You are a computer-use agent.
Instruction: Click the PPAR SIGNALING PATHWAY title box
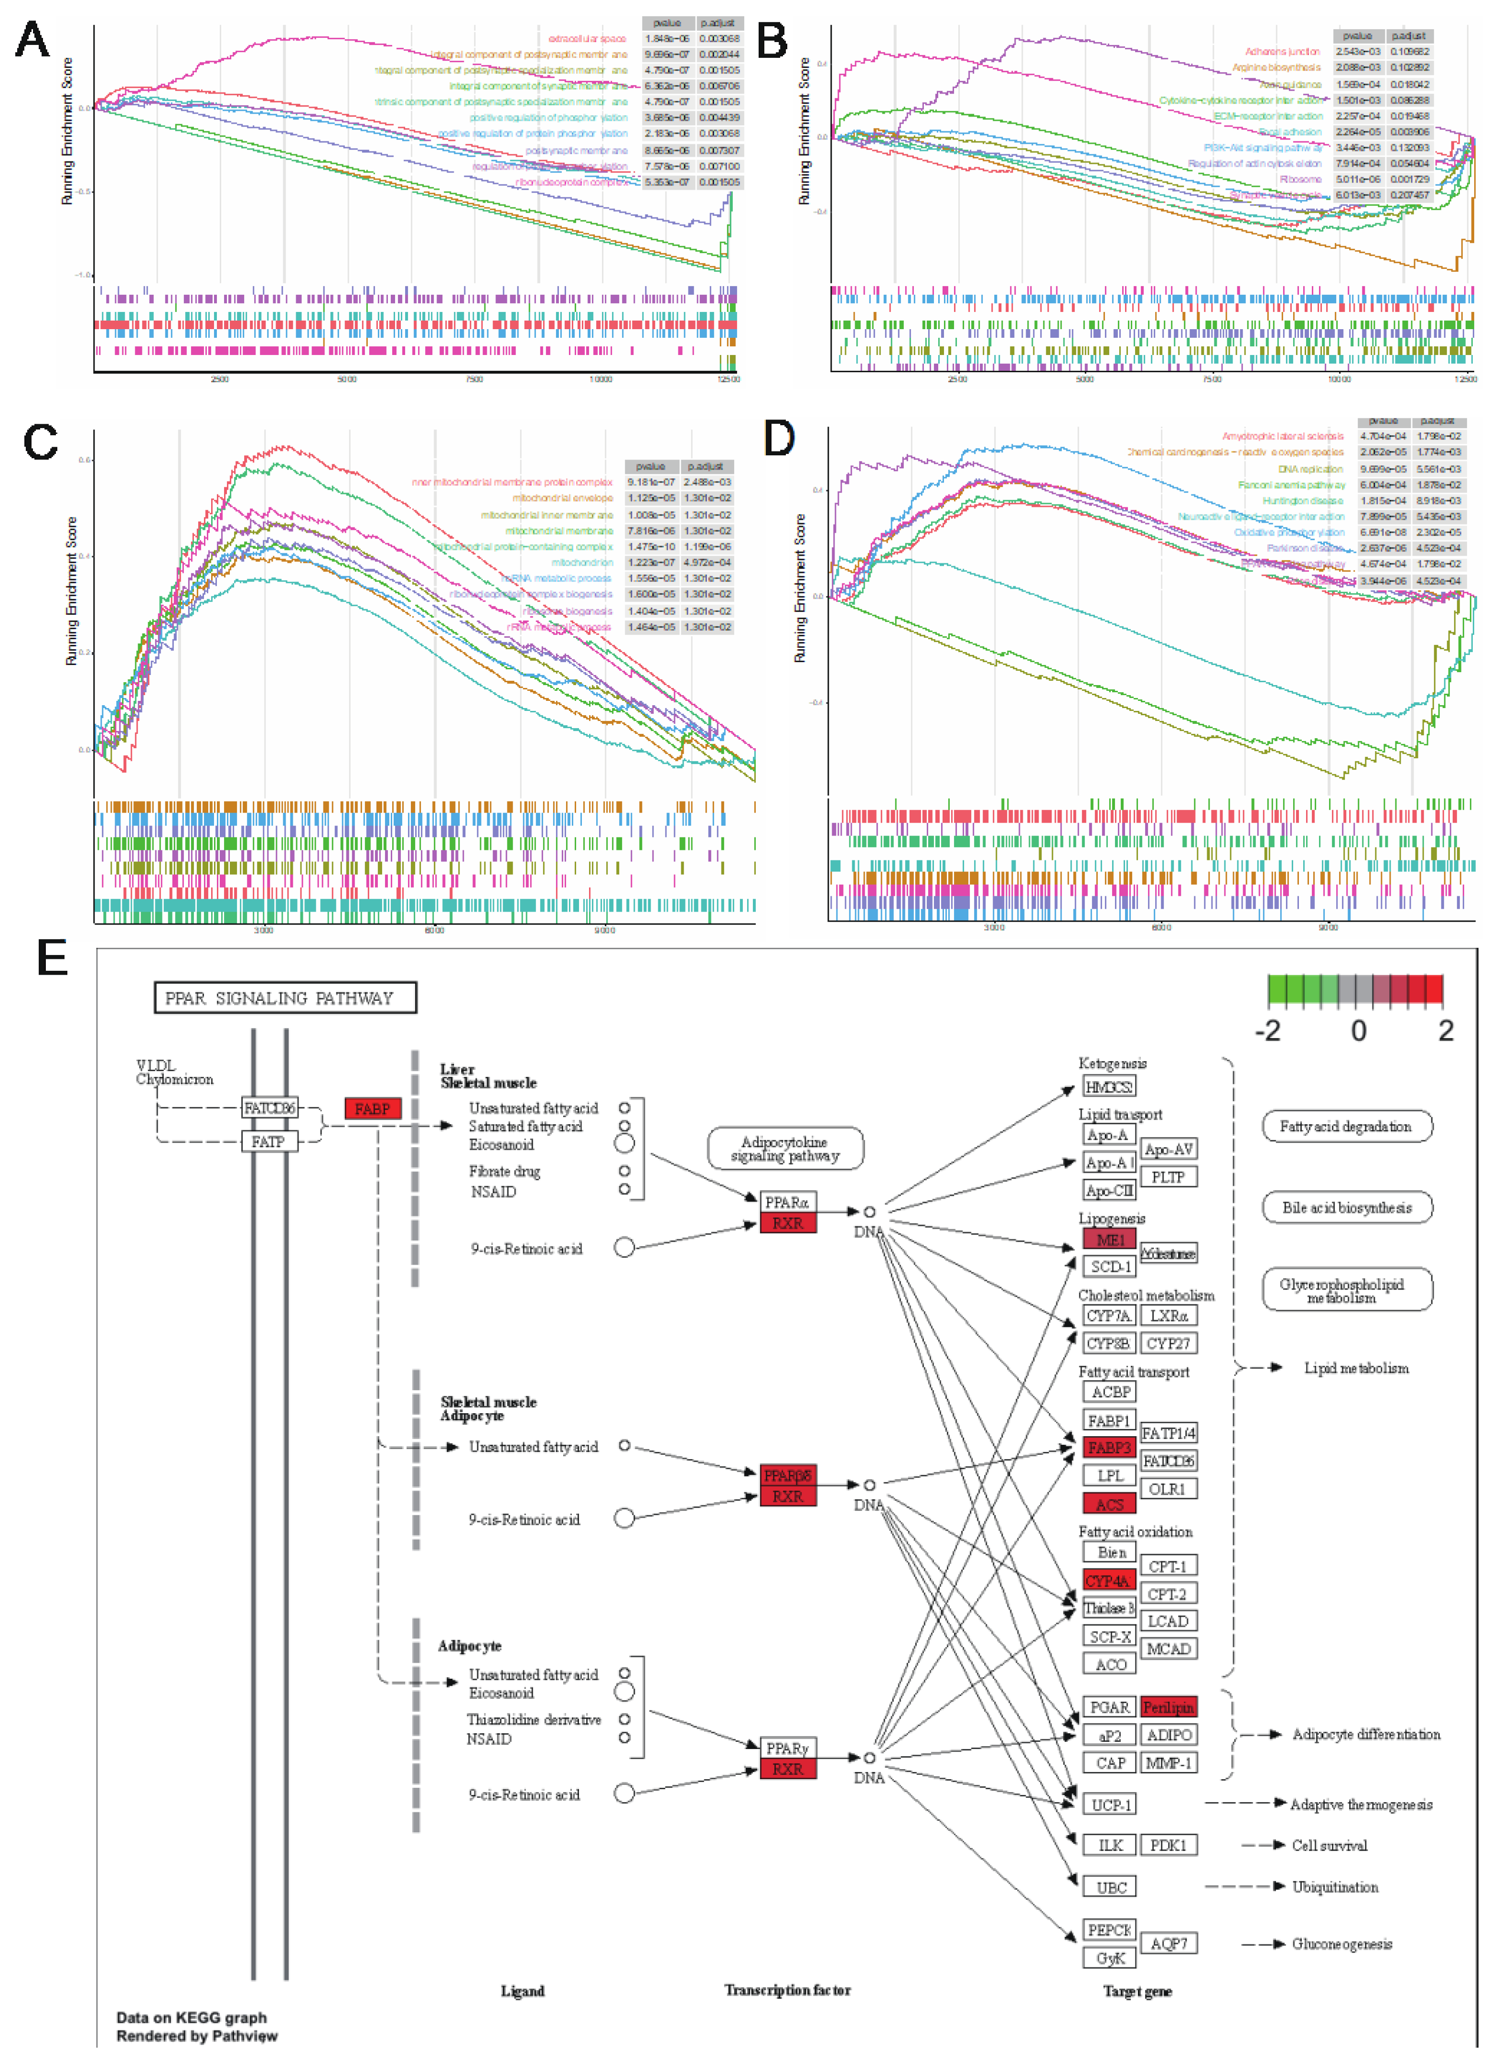[285, 998]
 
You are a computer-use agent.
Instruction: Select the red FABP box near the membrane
[372, 1108]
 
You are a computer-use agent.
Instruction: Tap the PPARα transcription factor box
[786, 1202]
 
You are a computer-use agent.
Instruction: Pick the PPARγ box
[786, 1748]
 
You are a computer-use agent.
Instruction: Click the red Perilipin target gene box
[1168, 1707]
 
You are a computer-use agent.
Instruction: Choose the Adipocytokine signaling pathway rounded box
[784, 1148]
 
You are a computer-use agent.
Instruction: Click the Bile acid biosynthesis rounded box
[1346, 1207]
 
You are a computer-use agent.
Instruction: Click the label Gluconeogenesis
[1342, 1944]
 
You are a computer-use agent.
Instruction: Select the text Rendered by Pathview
[196, 2036]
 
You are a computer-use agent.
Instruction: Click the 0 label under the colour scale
[1357, 1030]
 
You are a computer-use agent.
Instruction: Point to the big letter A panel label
[33, 40]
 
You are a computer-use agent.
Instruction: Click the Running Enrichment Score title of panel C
[71, 591]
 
